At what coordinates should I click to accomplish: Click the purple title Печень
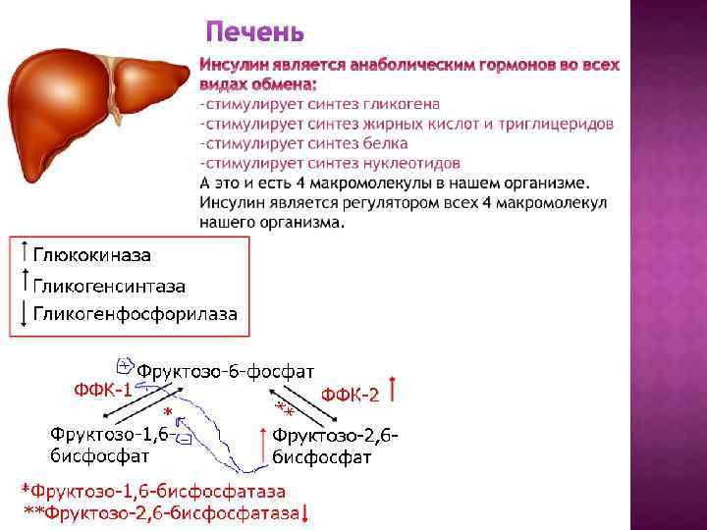tap(254, 32)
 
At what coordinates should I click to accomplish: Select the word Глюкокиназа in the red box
tap(92, 255)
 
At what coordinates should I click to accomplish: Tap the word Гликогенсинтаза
tap(109, 287)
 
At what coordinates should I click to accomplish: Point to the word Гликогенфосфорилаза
tap(136, 314)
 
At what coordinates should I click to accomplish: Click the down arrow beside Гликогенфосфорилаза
tap(24, 314)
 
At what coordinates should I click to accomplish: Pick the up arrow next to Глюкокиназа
tap(25, 251)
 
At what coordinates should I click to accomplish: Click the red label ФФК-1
tap(103, 390)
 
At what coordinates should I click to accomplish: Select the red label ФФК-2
tap(351, 395)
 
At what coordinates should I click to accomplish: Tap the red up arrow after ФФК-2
tap(392, 389)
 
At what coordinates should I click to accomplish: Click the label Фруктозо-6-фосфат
tap(226, 372)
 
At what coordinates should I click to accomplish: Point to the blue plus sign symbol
tap(125, 366)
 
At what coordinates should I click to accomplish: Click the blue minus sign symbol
tap(184, 439)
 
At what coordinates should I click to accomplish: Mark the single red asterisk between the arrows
tap(168, 412)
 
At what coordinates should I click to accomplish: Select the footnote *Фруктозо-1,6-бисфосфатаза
tap(154, 491)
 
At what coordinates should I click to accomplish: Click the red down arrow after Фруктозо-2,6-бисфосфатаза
tap(304, 513)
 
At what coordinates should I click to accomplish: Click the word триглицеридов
tap(556, 124)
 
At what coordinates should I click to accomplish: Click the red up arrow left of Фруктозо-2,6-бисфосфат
tap(263, 445)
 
